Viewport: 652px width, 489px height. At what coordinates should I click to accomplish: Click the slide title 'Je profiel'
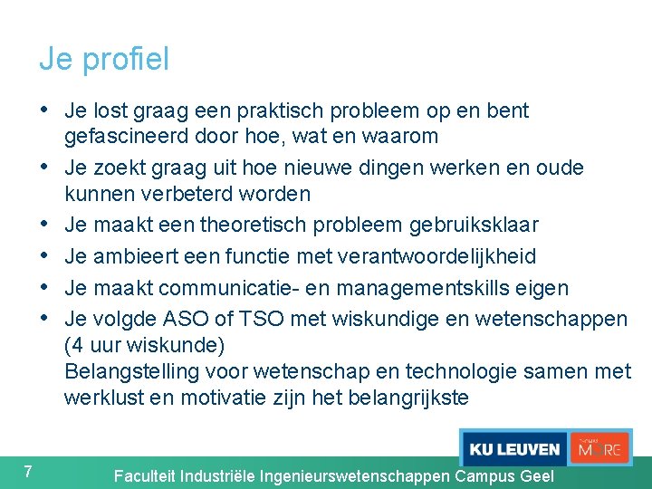pos(103,60)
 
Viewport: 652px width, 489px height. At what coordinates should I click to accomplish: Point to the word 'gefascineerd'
pos(122,137)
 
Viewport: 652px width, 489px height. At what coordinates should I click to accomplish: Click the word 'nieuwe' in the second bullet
pos(324,168)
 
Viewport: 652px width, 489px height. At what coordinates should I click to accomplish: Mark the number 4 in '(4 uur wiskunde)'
pos(77,345)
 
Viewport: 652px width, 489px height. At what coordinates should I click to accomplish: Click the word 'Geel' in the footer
pos(535,476)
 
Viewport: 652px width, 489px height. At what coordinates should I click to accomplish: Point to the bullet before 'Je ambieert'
pos(44,256)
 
